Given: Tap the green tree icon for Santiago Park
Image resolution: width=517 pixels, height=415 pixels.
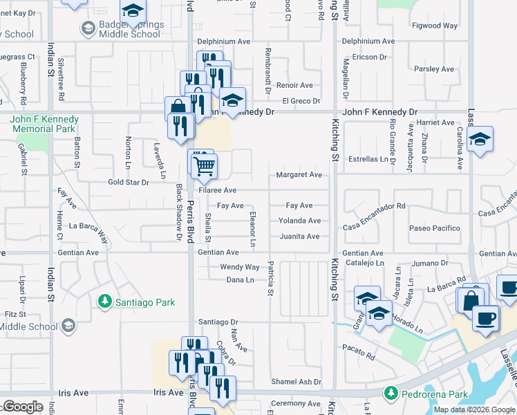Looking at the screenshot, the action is (105, 302).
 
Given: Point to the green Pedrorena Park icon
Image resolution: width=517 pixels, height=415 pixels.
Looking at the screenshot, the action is (391, 393).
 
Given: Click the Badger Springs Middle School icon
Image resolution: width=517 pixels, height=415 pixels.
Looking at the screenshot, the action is (88, 28).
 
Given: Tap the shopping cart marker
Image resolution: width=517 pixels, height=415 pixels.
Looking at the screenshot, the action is (205, 165).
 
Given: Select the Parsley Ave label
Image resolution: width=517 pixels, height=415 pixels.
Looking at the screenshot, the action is (434, 69).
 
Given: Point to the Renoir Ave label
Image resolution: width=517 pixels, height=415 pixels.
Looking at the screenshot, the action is (294, 86).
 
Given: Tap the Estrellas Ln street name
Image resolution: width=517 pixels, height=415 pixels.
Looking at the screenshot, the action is (370, 159).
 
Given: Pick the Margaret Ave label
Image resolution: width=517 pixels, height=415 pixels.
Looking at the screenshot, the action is (299, 175).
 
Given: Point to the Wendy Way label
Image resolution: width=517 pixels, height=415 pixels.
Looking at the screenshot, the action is (240, 267).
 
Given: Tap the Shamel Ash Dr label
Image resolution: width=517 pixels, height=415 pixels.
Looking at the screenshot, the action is (297, 382).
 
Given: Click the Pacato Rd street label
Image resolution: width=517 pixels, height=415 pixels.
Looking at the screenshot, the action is (361, 357).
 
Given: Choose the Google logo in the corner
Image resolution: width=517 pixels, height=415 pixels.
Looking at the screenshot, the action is (22, 407).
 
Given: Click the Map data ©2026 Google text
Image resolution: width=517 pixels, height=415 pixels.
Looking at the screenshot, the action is (473, 409).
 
